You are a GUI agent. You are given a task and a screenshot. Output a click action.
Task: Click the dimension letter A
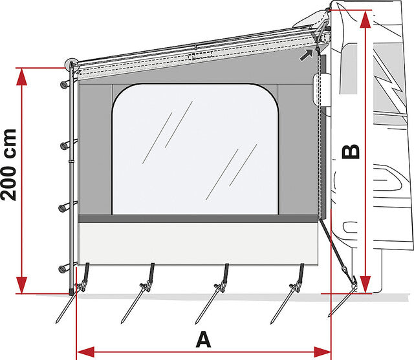pyautogui.click(x=203, y=339)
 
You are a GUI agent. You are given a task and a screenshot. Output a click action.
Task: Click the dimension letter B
pyautogui.click(x=351, y=151)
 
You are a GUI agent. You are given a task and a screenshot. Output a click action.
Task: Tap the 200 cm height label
pyautogui.click(x=8, y=165)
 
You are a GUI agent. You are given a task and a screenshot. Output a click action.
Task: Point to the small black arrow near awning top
pyautogui.click(x=306, y=55)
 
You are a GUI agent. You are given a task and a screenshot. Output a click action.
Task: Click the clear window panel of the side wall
pyautogui.click(x=195, y=149)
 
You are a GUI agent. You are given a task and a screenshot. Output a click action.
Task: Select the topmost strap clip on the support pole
pyautogui.click(x=65, y=85)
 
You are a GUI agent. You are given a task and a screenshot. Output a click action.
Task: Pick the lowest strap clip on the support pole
pyautogui.click(x=63, y=270)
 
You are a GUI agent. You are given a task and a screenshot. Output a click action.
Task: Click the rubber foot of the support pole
pyautogui.click(x=71, y=292)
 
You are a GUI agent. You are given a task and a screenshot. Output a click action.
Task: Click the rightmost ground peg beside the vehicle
pyautogui.click(x=342, y=302)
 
